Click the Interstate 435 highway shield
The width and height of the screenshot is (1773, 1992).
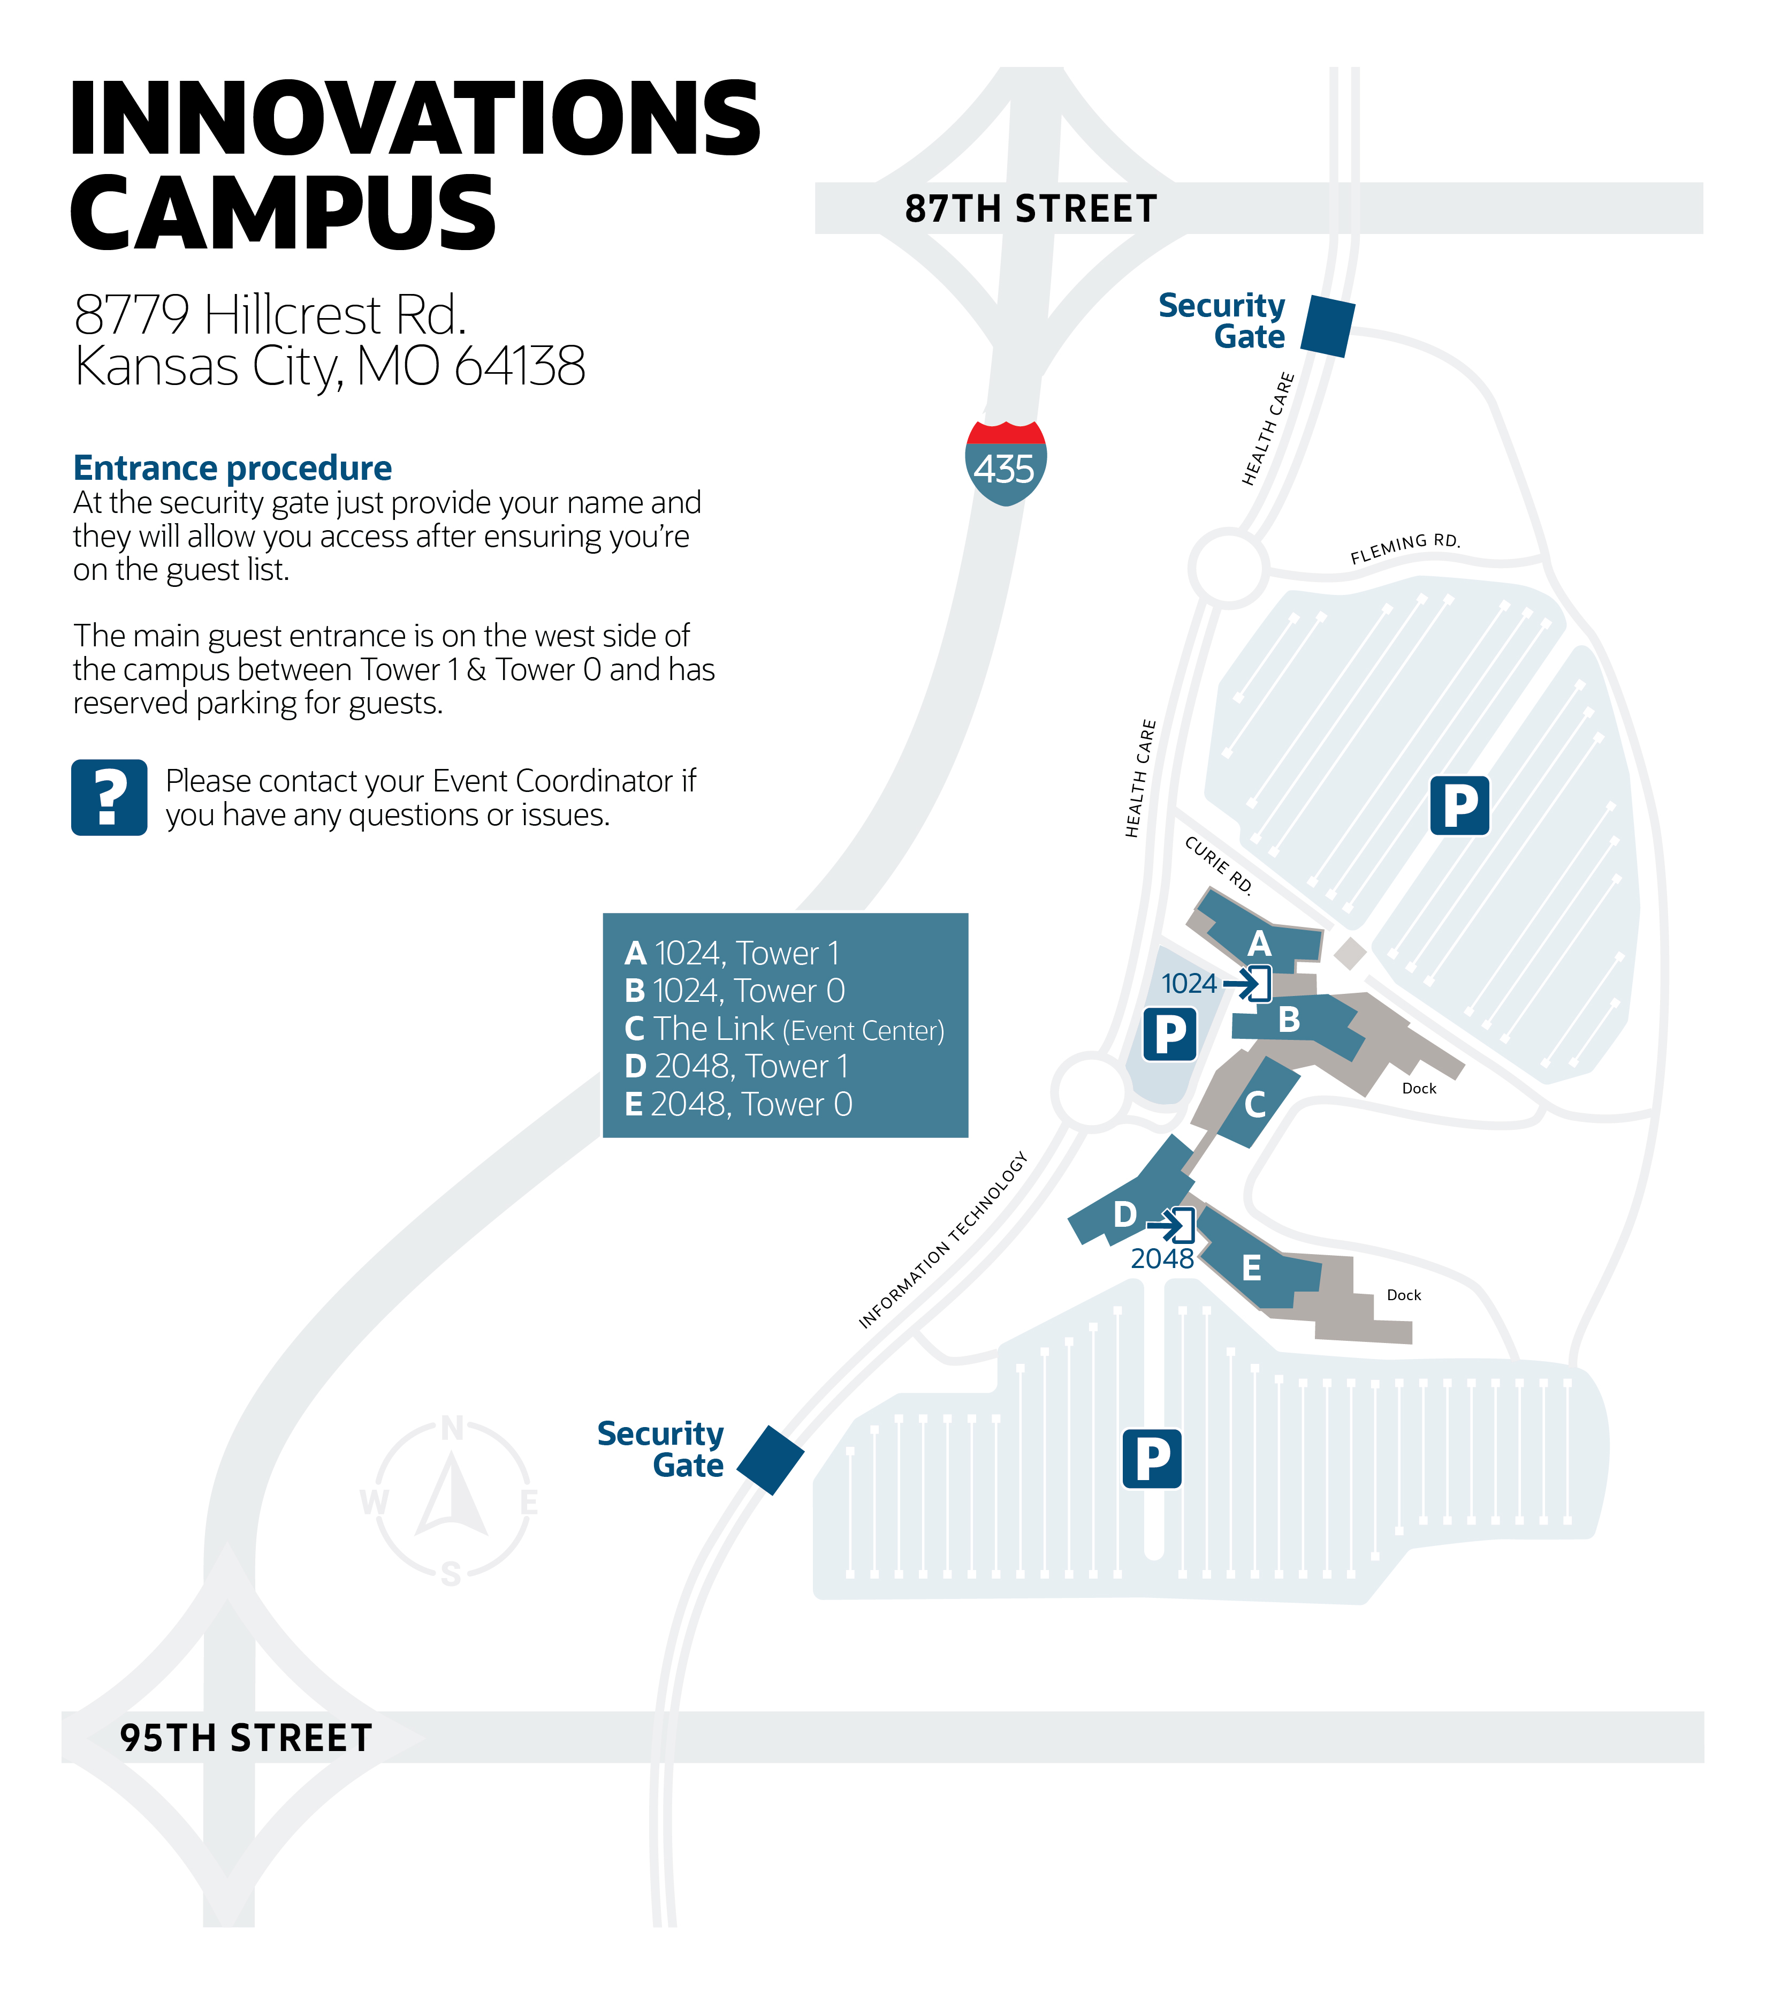1006,463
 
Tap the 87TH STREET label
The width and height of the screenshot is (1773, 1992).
1031,208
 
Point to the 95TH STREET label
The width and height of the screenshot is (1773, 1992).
246,1738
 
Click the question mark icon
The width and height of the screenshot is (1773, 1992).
109,797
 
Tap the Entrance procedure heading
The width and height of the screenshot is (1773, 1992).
232,468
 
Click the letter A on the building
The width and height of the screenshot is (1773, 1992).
1260,944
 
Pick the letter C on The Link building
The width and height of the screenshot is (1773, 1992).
1255,1104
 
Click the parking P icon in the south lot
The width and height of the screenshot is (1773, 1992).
1152,1459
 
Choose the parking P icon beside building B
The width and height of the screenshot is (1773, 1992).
1169,1034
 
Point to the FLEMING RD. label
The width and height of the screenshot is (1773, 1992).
1405,549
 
